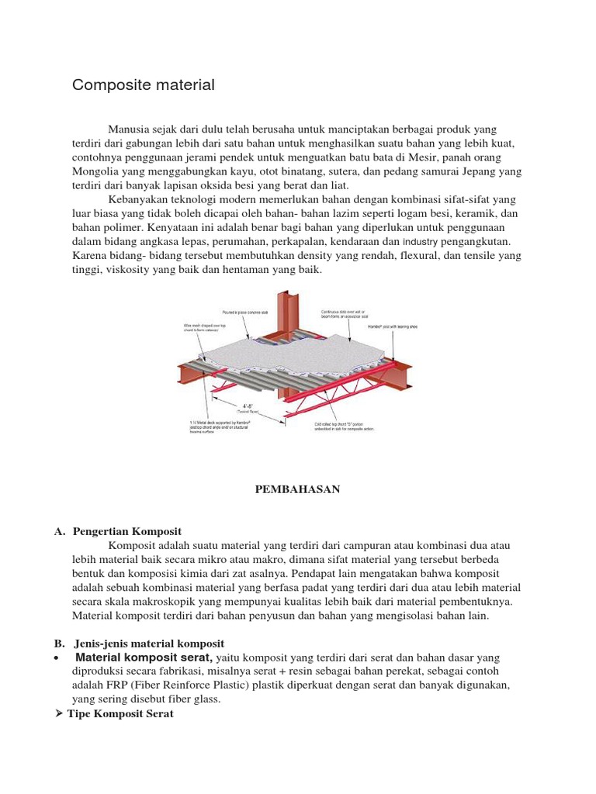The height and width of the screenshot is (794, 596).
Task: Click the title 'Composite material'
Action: pyautogui.click(x=143, y=85)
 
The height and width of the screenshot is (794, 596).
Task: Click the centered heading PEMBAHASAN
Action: pyautogui.click(x=298, y=489)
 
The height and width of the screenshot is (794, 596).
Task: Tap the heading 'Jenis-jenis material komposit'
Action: pyautogui.click(x=148, y=644)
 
